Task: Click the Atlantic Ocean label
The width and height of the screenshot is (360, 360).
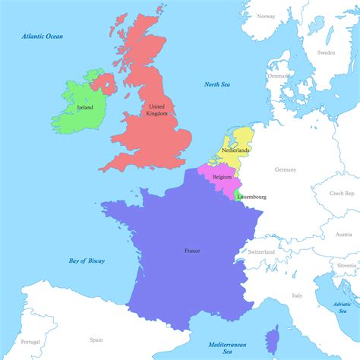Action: pos(43,36)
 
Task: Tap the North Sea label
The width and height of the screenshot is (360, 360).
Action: pos(218,84)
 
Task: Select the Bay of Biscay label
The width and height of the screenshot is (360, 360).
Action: pos(87,261)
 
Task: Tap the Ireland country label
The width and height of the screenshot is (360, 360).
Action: pos(85,108)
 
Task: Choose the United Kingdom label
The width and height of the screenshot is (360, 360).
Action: pos(157,110)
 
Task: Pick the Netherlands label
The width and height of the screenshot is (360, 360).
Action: pos(235,150)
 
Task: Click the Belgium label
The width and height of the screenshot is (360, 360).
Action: pos(223,177)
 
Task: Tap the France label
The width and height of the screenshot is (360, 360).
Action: pos(192,250)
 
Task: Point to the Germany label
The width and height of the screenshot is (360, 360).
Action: pos(286,169)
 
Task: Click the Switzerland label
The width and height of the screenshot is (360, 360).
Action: pos(261,251)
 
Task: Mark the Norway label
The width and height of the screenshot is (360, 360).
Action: pos(266,16)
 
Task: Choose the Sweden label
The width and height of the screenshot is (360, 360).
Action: pos(326,53)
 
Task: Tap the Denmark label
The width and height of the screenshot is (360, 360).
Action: pos(277,77)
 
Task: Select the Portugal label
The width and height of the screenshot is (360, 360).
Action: pos(30,342)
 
